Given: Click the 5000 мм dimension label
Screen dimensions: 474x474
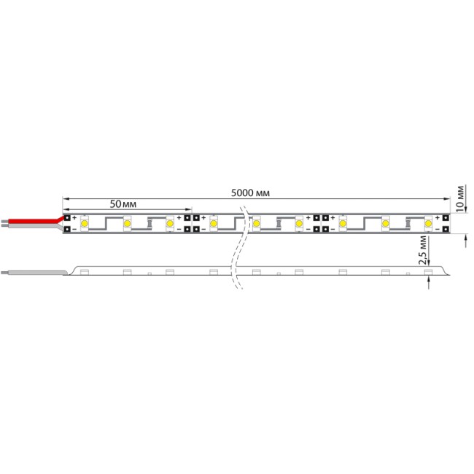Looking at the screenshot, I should click(250, 193).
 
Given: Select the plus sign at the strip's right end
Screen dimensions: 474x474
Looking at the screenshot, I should click(437, 217).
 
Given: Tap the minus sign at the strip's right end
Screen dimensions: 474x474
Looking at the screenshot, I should click(437, 230).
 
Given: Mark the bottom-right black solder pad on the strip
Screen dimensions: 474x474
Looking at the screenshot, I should click(445, 230).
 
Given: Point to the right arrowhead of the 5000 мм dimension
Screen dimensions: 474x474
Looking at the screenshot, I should click(446, 198).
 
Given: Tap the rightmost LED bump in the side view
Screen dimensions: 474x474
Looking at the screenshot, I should click(428, 272).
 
